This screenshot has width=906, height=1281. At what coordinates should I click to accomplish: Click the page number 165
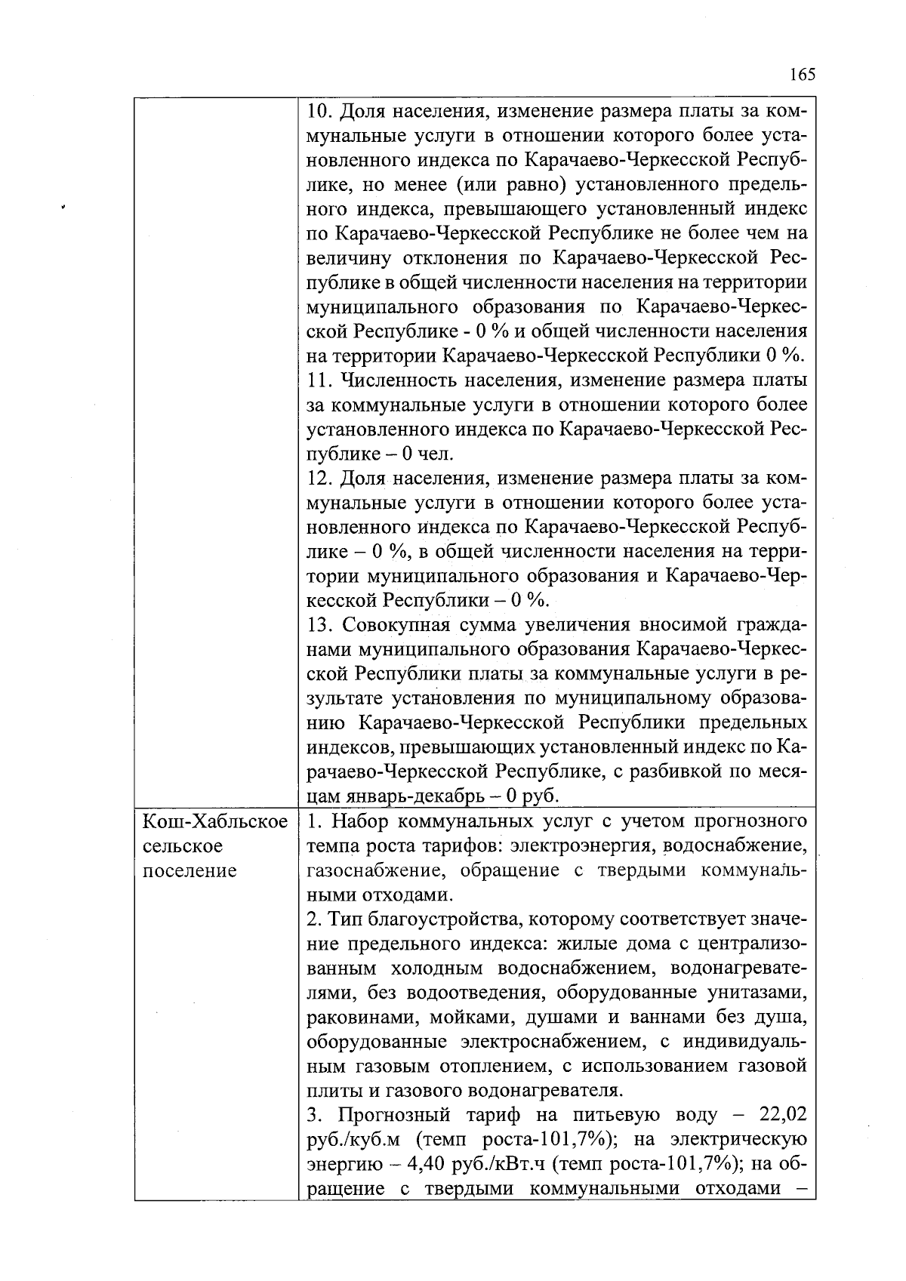[802, 75]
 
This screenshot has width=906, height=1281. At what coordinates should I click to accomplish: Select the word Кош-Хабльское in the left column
[215, 821]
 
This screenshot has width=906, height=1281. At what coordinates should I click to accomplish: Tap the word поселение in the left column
[190, 870]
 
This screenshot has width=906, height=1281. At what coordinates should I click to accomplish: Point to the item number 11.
[319, 380]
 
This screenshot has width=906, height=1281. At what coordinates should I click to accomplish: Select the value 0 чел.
[428, 454]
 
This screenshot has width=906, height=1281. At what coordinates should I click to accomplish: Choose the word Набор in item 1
[361, 821]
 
